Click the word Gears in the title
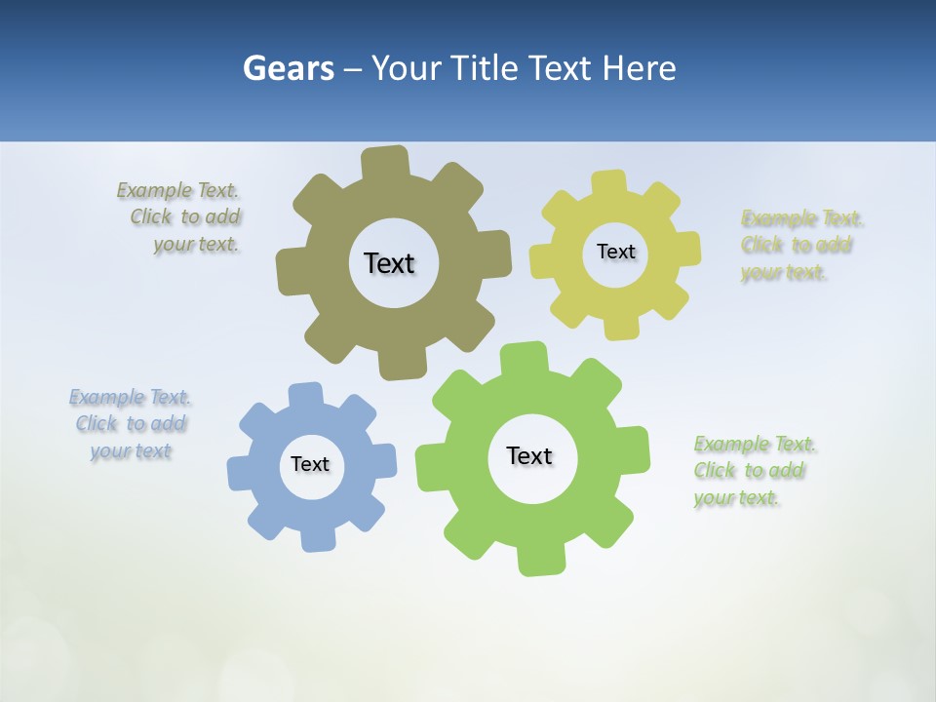pyautogui.click(x=288, y=68)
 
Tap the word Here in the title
pyautogui.click(x=639, y=68)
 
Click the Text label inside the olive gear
pyautogui.click(x=389, y=263)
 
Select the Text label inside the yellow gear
pyautogui.click(x=615, y=252)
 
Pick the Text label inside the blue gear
pyautogui.click(x=310, y=464)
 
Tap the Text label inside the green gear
pyautogui.click(x=529, y=455)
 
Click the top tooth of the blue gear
pyautogui.click(x=305, y=396)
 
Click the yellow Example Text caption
pyautogui.click(x=800, y=245)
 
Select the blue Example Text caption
pyautogui.click(x=131, y=424)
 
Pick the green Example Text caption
pyautogui.click(x=753, y=471)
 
